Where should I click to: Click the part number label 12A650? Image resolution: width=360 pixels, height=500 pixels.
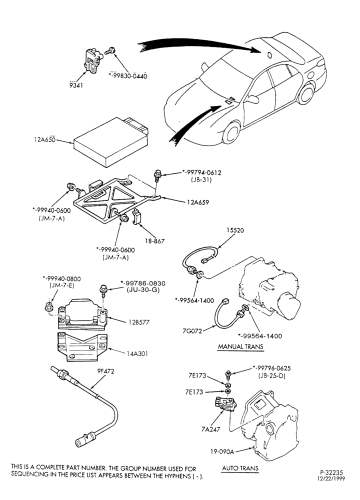tap(44, 139)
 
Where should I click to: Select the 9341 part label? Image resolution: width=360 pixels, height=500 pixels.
tap(76, 85)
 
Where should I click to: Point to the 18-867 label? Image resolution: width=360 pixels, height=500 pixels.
tap(154, 241)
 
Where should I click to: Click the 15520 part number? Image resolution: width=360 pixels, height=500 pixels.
tap(235, 230)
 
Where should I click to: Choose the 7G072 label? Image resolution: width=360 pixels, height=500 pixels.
tap(192, 331)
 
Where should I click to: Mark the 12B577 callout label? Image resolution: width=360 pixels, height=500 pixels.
tap(138, 322)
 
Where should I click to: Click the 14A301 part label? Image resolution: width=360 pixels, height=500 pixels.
tap(137, 353)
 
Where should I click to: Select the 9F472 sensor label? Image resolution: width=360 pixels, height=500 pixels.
tap(105, 371)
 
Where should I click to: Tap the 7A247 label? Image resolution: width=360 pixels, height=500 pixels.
tap(211, 429)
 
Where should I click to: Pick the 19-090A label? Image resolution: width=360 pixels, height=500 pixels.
tap(222, 451)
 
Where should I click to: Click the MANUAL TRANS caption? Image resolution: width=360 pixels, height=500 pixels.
tap(240, 346)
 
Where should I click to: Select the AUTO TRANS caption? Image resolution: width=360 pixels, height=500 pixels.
tap(240, 468)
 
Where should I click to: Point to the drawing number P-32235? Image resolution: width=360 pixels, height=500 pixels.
tap(331, 472)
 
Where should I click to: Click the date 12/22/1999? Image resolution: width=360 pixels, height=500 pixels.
tap(331, 478)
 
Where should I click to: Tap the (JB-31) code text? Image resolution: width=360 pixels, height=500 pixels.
tap(201, 179)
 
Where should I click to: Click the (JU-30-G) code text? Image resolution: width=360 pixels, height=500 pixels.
tap(143, 290)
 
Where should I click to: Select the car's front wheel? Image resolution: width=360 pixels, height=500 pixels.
tap(231, 132)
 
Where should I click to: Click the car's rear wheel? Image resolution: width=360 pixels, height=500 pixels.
tap(305, 93)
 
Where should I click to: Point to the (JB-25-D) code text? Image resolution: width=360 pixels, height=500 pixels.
tap(271, 375)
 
